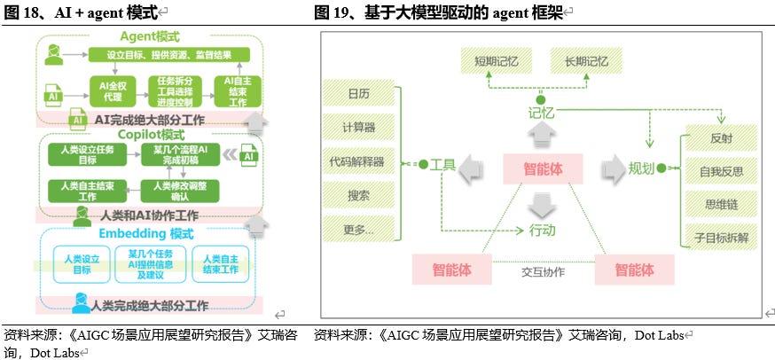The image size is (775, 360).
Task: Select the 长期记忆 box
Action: point(580,61)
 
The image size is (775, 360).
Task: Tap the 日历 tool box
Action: point(359,93)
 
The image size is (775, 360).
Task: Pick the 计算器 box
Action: point(359,127)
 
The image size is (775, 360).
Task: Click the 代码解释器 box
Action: point(359,161)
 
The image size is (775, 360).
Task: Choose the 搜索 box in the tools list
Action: point(359,195)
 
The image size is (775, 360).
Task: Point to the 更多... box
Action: point(359,230)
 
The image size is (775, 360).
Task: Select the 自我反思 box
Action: point(720,169)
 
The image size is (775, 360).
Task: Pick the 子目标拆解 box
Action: point(720,237)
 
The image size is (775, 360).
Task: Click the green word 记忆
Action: point(541,113)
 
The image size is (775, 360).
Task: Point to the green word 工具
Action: point(442,165)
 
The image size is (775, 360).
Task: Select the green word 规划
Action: point(641,168)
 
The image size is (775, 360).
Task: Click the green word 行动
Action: point(542,231)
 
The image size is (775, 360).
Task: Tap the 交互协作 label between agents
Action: point(543,271)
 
